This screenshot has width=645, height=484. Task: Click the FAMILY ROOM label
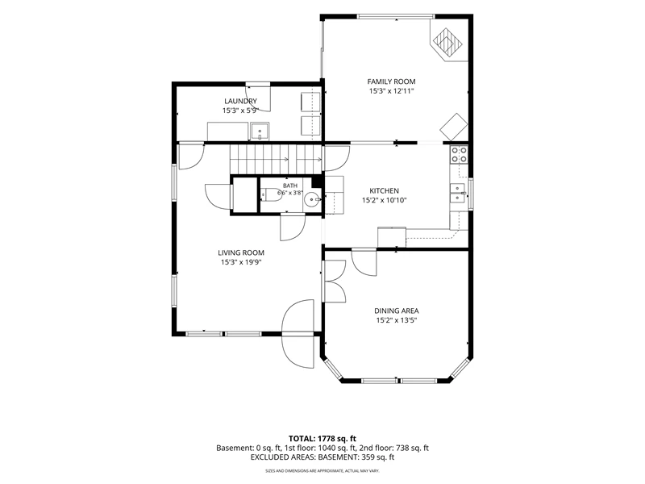(391, 81)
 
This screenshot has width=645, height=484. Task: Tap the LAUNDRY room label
(240, 101)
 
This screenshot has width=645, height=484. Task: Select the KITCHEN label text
(385, 190)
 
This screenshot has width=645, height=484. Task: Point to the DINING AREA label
(397, 311)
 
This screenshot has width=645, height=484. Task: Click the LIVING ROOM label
(241, 252)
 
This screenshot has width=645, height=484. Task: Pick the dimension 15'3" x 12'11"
(391, 91)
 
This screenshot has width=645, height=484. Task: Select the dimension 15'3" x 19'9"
(241, 263)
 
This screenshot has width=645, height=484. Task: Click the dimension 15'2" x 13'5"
(397, 320)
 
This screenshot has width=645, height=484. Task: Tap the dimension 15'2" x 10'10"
(385, 200)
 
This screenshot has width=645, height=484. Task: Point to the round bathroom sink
(313, 200)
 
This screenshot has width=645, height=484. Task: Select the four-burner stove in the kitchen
(459, 154)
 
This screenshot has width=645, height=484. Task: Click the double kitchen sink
(459, 194)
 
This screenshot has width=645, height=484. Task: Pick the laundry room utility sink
(260, 131)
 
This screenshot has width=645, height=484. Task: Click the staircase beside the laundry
(275, 159)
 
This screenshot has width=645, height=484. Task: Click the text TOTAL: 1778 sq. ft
(322, 438)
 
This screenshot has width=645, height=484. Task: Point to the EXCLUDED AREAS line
(322, 457)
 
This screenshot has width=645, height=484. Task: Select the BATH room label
(290, 186)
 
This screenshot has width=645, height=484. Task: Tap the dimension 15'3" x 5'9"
(240, 111)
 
